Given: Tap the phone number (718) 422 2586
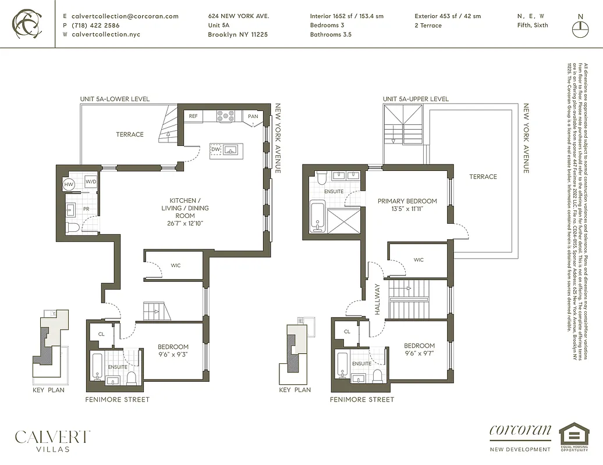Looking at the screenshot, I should pyautogui.click(x=95, y=26).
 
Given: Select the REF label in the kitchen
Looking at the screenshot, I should pyautogui.click(x=193, y=116).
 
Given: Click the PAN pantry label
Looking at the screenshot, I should pyautogui.click(x=253, y=116).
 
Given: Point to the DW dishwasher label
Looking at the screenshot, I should pyautogui.click(x=215, y=149).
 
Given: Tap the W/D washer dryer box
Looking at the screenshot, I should pyautogui.click(x=91, y=182).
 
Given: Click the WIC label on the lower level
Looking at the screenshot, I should pyautogui.click(x=176, y=266).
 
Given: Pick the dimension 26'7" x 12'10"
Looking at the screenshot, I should pyautogui.click(x=185, y=224).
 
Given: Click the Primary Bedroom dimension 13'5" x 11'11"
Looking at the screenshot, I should pyautogui.click(x=407, y=210).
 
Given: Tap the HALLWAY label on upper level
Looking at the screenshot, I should pyautogui.click(x=377, y=299).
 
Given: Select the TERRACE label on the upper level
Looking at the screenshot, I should pyautogui.click(x=483, y=177).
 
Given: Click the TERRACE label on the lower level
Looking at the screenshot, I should pyautogui.click(x=129, y=134).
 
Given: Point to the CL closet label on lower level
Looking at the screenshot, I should pyautogui.click(x=101, y=334).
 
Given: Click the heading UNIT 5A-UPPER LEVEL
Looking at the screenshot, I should pyautogui.click(x=416, y=99).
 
